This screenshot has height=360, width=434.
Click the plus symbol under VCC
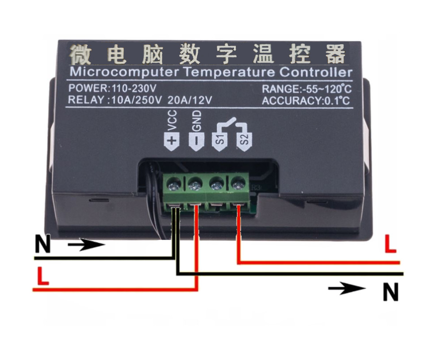(x=172, y=142)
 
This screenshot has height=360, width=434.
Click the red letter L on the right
(x=389, y=245)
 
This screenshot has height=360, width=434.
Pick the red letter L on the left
(x=42, y=276)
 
